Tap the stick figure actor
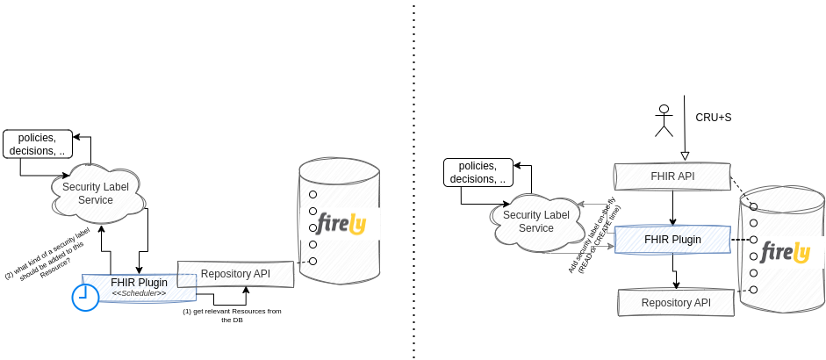click(x=664, y=120)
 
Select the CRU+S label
click(x=713, y=117)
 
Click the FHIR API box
click(x=672, y=176)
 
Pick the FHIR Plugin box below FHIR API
click(x=672, y=239)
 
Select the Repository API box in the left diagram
click(x=235, y=274)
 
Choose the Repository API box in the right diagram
click(x=676, y=302)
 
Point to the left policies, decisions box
click(x=36, y=144)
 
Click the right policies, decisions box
click(x=478, y=172)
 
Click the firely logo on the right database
click(x=785, y=253)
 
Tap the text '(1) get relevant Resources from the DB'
click(x=232, y=316)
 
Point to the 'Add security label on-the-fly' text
click(x=594, y=239)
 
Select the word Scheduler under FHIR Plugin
click(x=139, y=292)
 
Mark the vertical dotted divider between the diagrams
click(x=413, y=180)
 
